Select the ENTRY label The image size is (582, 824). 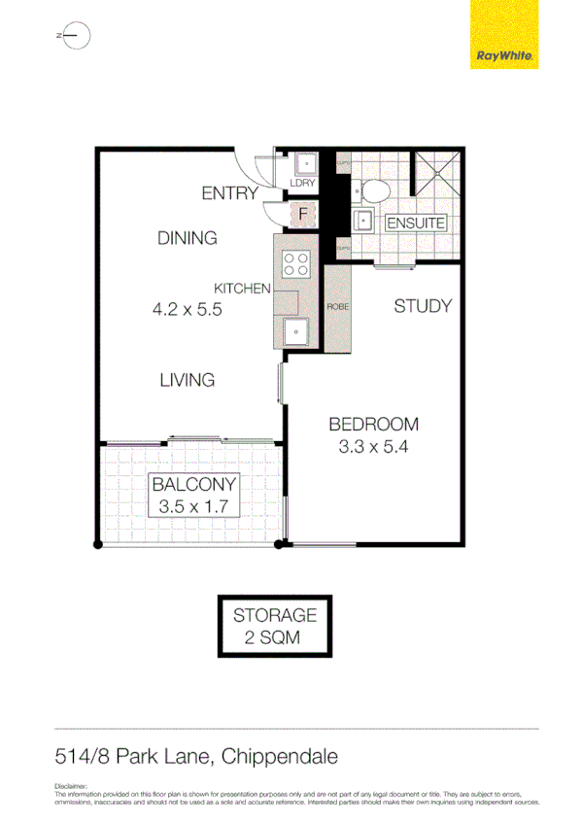[229, 193]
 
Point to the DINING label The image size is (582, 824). [187, 238]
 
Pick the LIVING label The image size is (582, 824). [187, 380]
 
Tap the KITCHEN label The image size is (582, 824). [242, 288]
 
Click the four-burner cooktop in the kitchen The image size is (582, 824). [295, 262]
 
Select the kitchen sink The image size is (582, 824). [295, 333]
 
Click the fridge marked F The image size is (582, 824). [302, 212]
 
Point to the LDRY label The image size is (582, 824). [302, 184]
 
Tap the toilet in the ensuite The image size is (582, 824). [377, 188]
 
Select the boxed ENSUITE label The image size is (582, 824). [415, 223]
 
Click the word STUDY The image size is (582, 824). [423, 306]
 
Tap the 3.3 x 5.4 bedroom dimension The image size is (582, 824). [373, 448]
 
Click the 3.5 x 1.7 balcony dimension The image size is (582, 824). [191, 505]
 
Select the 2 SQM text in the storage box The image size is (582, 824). [273, 637]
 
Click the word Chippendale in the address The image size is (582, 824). [280, 755]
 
